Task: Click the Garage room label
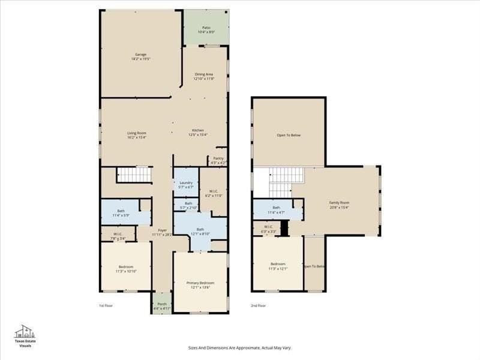coord(140,56)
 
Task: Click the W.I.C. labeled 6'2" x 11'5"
coord(214,193)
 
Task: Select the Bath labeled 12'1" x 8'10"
coord(200,231)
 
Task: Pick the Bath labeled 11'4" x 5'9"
coord(121,212)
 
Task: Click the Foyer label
coord(162,232)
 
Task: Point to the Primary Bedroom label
coord(200,284)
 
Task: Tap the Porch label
coord(162,305)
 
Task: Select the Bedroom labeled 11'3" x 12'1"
coord(277,266)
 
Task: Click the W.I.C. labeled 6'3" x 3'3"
coord(269,228)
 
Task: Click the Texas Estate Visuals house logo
coord(25,332)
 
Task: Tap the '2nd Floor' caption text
coord(259,305)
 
